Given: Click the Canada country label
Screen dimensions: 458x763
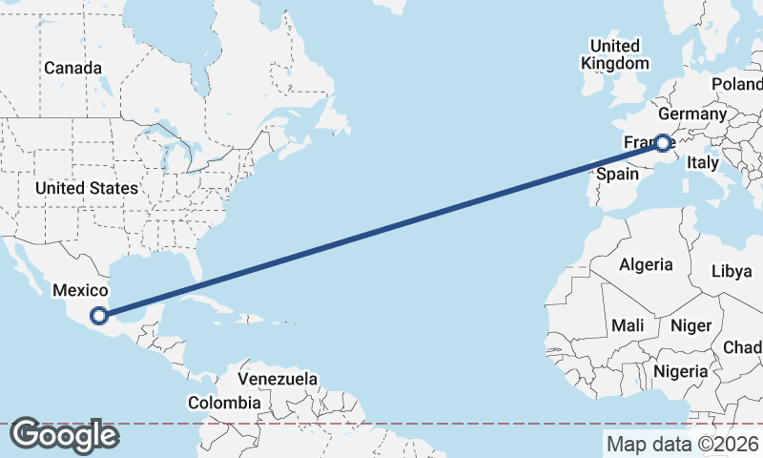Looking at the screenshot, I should [72, 68].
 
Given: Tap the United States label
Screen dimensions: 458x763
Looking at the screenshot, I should [87, 188].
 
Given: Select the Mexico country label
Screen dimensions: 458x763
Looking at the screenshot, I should [80, 291].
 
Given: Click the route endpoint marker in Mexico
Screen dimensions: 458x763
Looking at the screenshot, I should [98, 316].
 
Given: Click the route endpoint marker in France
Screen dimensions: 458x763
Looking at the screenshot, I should [662, 144].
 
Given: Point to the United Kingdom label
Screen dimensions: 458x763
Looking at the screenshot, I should [615, 54].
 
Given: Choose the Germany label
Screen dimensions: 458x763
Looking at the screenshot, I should [692, 114].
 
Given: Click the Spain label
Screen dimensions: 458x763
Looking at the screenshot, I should [617, 174].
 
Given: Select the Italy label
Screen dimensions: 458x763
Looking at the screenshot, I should [703, 163].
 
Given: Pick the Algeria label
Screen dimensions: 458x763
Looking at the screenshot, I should [646, 264].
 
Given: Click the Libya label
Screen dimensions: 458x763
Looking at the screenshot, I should [732, 271].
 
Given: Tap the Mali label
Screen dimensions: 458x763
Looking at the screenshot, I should [628, 325].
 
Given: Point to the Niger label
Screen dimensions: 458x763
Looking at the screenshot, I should [691, 325].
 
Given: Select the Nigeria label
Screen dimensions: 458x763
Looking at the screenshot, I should [682, 370].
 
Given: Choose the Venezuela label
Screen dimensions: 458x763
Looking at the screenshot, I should [278, 379].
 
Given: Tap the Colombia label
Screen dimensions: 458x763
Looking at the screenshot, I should [223, 403].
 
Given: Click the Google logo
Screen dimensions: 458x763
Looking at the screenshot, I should [64, 435].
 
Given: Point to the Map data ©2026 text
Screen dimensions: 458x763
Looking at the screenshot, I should [683, 444].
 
